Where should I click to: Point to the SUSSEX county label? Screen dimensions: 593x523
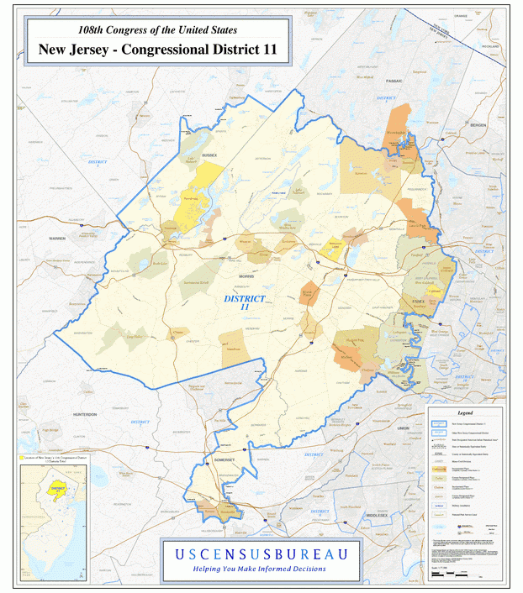(209, 155)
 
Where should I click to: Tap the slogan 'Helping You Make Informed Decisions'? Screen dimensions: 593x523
(261, 569)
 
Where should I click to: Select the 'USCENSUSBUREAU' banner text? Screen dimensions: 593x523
(261, 554)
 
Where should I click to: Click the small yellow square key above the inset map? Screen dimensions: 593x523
(23, 458)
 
